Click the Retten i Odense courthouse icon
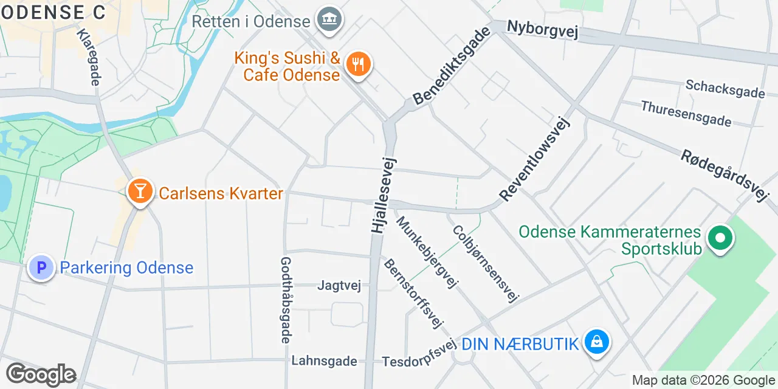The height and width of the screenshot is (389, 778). pos(330,20)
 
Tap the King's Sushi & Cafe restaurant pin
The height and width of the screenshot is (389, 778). pos(358,64)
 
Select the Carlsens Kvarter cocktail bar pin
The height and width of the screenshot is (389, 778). pos(140,192)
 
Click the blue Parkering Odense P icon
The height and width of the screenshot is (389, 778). pos(41,267)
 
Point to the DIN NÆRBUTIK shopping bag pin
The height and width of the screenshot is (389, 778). pos(597,342)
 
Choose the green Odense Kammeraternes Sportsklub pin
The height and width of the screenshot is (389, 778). pos(720,238)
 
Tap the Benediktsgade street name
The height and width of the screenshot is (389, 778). pos(451,66)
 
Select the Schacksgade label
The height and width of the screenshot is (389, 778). pos(725,89)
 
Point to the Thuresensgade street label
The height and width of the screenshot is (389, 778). pos(686,114)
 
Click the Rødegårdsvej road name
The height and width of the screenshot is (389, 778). pos(723,175)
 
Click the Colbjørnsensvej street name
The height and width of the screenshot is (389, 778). pos(485,264)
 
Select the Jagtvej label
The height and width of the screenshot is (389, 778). pos(339,286)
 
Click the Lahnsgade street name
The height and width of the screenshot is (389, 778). pos(324,361)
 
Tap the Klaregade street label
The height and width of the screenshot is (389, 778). pos(88,57)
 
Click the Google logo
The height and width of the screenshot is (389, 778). pos(41,375)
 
